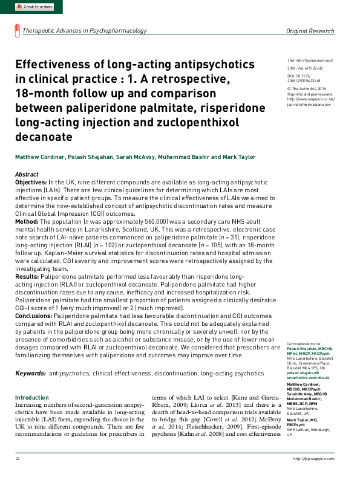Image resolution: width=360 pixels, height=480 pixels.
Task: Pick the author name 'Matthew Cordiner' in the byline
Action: (38, 157)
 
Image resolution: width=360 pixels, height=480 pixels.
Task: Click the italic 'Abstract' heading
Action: (26, 174)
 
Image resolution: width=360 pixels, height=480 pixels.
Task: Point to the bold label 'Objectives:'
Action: (30, 182)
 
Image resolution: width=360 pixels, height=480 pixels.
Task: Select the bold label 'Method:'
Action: (27, 222)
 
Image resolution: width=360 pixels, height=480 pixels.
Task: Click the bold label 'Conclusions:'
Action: (34, 315)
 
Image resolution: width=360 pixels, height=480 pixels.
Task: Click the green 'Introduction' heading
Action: (31, 397)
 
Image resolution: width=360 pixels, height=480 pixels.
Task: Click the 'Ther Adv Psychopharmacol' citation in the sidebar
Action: (309, 61)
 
